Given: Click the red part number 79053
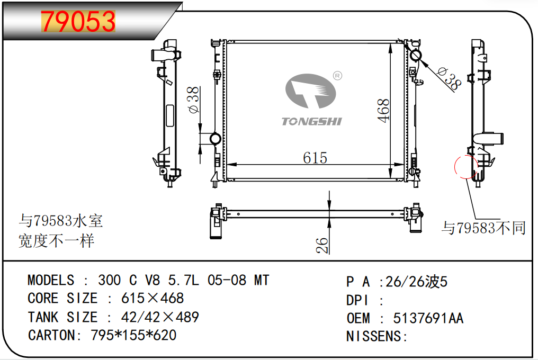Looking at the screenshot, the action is pyautogui.click(x=78, y=21).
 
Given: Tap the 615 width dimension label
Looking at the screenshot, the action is pyautogui.click(x=315, y=158).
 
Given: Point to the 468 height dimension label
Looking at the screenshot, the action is pyautogui.click(x=383, y=111).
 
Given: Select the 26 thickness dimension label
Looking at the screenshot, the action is pyautogui.click(x=322, y=245).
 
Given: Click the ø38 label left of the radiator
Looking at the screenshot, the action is pyautogui.click(x=193, y=100).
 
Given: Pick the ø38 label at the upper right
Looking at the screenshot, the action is pyautogui.click(x=450, y=78).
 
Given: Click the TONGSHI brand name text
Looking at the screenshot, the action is pyautogui.click(x=311, y=121).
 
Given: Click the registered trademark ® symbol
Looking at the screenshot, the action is pyautogui.click(x=338, y=76).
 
